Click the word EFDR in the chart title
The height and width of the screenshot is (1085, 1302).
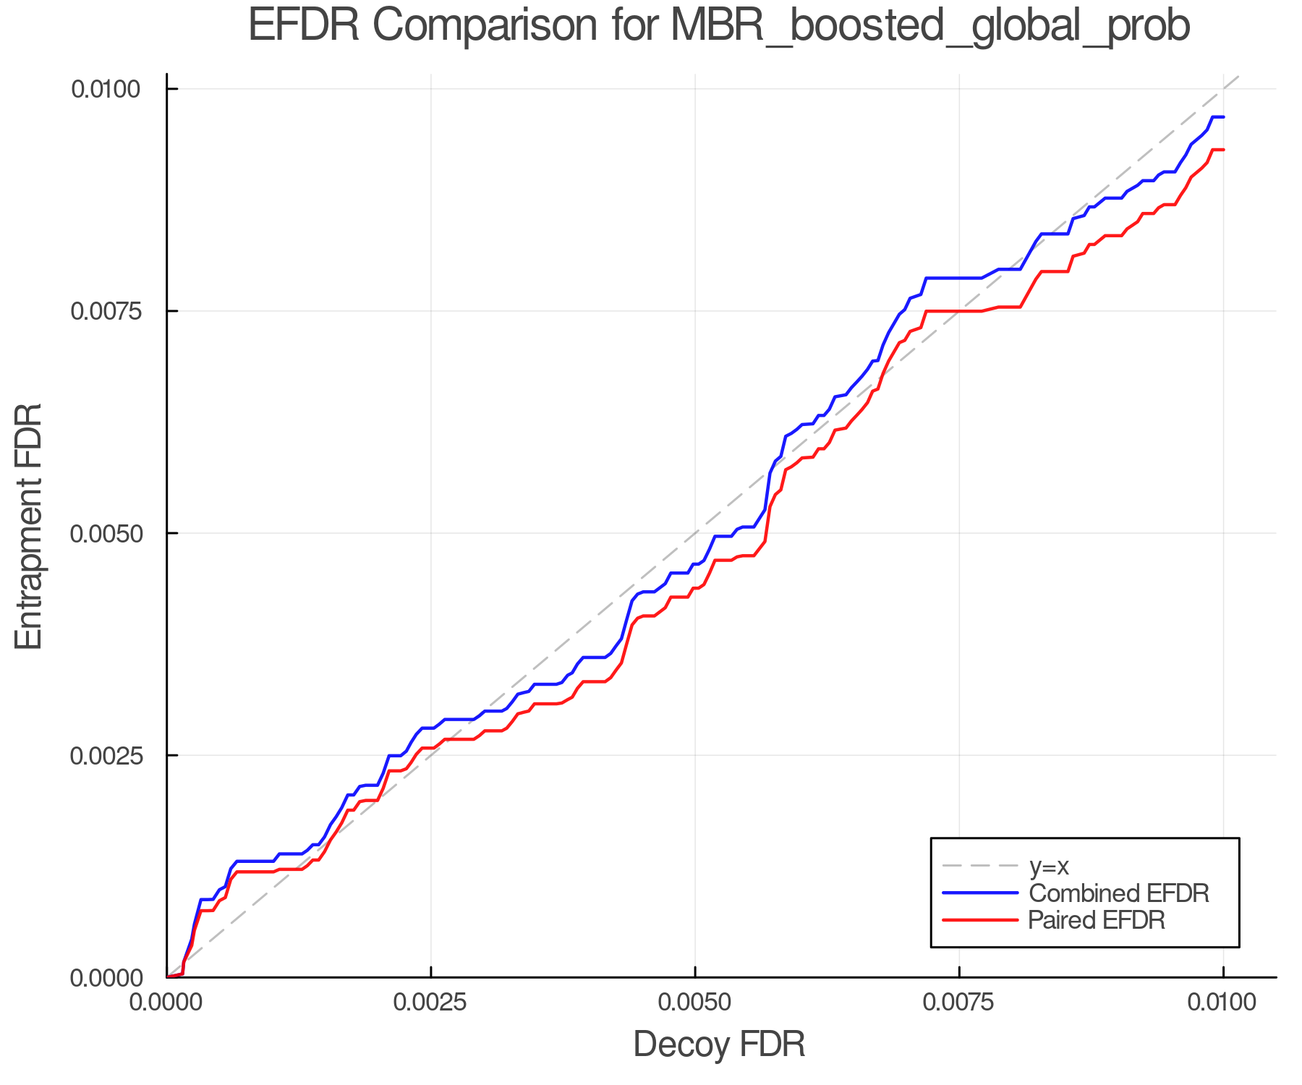click(x=303, y=26)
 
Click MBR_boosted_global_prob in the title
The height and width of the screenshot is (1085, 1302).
click(x=930, y=27)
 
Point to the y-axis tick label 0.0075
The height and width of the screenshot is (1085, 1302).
click(x=105, y=311)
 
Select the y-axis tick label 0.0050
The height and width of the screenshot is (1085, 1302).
click(x=105, y=534)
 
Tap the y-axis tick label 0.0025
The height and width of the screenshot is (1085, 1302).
click(x=105, y=756)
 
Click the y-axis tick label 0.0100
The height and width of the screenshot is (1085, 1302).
click(x=105, y=90)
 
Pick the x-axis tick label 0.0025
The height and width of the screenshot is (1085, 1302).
click(x=430, y=1003)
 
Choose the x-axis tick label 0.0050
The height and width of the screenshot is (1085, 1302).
click(x=694, y=1003)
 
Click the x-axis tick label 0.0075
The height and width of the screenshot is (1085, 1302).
click(x=958, y=1003)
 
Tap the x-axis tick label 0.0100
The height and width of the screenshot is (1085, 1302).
click(x=1222, y=1003)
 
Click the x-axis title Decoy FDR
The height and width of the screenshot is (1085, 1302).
click(x=719, y=1045)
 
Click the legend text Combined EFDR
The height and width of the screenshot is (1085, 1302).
click(x=1118, y=893)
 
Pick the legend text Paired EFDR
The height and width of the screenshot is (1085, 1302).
click(x=1096, y=920)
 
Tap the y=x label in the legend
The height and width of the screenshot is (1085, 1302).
click(x=1048, y=866)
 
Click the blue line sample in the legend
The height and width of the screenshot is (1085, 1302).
click(x=980, y=893)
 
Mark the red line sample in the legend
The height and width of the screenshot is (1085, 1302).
click(x=980, y=920)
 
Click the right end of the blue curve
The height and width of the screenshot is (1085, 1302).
click(x=1222, y=117)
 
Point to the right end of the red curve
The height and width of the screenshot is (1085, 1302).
click(x=1222, y=150)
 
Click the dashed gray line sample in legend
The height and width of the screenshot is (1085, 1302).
click(x=980, y=866)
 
